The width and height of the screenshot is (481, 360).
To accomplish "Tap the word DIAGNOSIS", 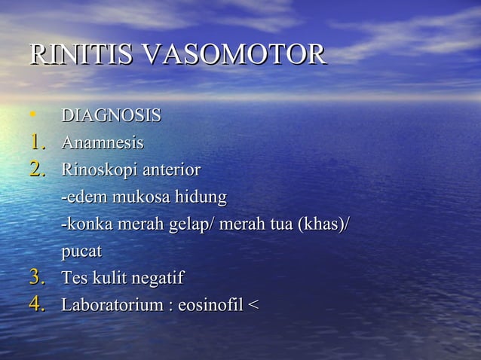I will (x=111, y=116).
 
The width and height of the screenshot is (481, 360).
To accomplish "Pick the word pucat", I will (x=81, y=252).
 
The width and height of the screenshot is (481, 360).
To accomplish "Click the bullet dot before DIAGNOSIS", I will (x=33, y=116).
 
